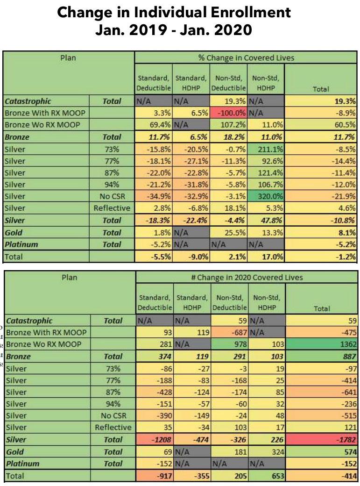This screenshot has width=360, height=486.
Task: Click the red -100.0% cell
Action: pyautogui.click(x=228, y=113)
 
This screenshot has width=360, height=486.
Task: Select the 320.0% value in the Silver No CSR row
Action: pyautogui.click(x=265, y=196)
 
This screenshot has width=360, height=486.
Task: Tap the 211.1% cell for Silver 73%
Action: pyautogui.click(x=265, y=149)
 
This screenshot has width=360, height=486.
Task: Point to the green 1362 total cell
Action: pyautogui.click(x=321, y=344)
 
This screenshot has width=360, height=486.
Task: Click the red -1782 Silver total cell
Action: pyautogui.click(x=321, y=440)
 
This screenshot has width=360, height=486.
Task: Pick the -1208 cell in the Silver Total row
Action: pyautogui.click(x=154, y=440)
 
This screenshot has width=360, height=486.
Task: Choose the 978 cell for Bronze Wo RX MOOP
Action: pyautogui.click(x=228, y=344)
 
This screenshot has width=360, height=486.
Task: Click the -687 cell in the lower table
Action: pyautogui.click(x=228, y=332)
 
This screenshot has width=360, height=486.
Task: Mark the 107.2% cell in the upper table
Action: pyautogui.click(x=228, y=125)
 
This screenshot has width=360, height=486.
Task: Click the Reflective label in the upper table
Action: pyautogui.click(x=112, y=208)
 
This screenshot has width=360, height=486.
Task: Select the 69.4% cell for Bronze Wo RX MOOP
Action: pyautogui.click(x=154, y=125)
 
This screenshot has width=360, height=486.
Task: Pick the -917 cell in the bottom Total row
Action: pyautogui.click(x=154, y=476)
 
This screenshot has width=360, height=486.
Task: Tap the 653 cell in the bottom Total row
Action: pyautogui.click(x=265, y=476)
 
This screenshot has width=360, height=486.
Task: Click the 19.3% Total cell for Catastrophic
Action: pyautogui.click(x=321, y=101)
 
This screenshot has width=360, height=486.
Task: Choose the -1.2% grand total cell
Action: pyautogui.click(x=321, y=256)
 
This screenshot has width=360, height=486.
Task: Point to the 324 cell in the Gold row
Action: pyautogui.click(x=265, y=452)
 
